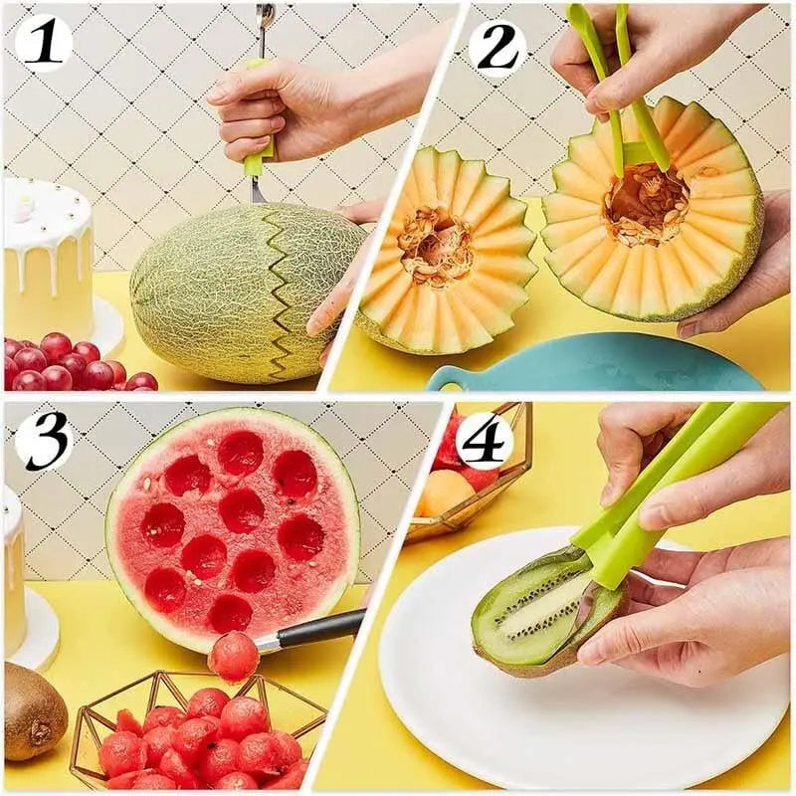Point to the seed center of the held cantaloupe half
click(x=647, y=205)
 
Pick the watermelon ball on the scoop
click(x=233, y=657)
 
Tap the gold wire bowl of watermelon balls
click(x=199, y=731)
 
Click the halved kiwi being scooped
click(x=537, y=612)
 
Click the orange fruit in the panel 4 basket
click(x=446, y=493)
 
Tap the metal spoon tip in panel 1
click(x=265, y=17)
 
